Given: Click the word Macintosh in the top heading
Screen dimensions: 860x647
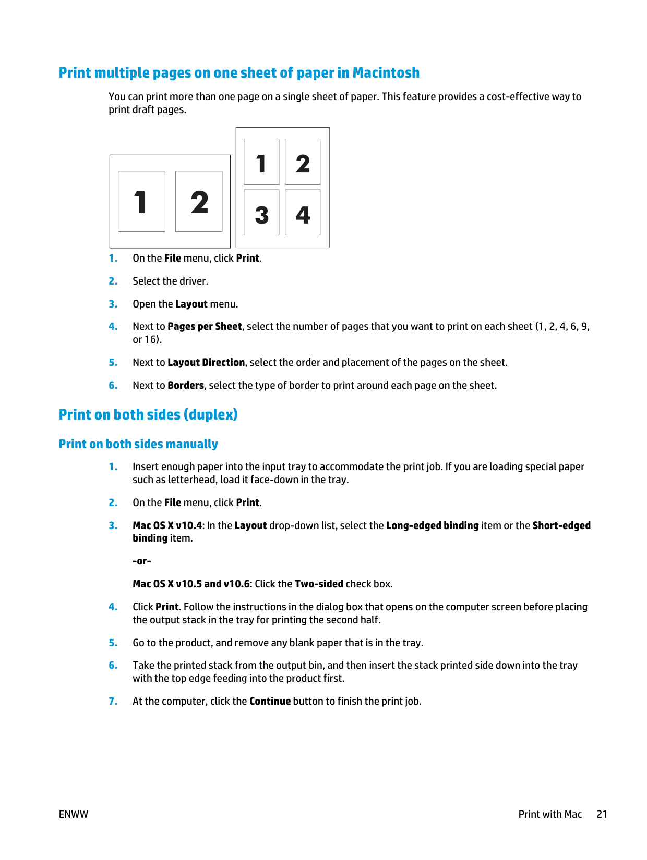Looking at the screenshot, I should point(386,72).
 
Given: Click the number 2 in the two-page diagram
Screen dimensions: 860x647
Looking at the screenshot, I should point(199,202).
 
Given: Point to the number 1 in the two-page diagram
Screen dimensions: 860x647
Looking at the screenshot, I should point(140,202).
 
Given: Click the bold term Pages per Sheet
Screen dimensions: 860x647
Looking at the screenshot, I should point(205,326).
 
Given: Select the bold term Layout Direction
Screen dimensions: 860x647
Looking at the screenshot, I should point(206,362).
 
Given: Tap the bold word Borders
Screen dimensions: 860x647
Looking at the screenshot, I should point(186,385).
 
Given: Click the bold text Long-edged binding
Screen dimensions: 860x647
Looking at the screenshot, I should point(432,525).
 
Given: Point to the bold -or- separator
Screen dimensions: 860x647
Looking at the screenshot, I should point(141,561).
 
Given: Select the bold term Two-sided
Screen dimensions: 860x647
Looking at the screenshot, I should point(319,584).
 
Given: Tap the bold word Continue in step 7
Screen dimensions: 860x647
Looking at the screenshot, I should point(270,701).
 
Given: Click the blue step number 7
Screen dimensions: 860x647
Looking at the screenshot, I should point(113,701).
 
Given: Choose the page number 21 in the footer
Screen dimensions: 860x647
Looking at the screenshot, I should point(602,814).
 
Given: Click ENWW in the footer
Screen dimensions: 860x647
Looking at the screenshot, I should point(74,814).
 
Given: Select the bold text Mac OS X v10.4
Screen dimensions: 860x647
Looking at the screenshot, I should point(167,525).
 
